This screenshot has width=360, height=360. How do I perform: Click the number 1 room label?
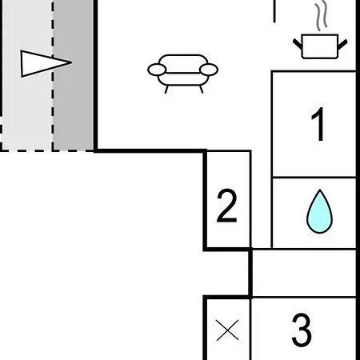[318, 124]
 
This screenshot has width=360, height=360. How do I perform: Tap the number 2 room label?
[227, 206]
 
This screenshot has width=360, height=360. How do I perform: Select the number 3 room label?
[302, 330]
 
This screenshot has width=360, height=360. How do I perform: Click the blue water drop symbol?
[319, 212]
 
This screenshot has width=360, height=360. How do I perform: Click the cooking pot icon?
[320, 46]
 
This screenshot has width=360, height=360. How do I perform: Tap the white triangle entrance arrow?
[46, 63]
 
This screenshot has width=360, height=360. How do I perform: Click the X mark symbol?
[227, 330]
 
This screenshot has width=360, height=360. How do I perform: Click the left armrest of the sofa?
[157, 70]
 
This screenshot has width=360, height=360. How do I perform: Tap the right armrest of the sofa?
[209, 70]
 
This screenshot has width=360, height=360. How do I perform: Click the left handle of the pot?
[298, 44]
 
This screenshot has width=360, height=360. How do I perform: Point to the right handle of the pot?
[342, 44]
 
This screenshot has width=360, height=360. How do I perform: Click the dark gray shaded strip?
[74, 74]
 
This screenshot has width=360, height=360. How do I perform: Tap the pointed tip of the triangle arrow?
[72, 62]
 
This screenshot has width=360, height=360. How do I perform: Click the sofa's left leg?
[166, 90]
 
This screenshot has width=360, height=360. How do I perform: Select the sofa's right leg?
[202, 90]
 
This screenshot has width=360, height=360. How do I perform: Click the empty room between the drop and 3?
[304, 273]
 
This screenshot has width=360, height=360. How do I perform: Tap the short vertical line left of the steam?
[274, 11]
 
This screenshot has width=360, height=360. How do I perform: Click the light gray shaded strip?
[27, 74]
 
